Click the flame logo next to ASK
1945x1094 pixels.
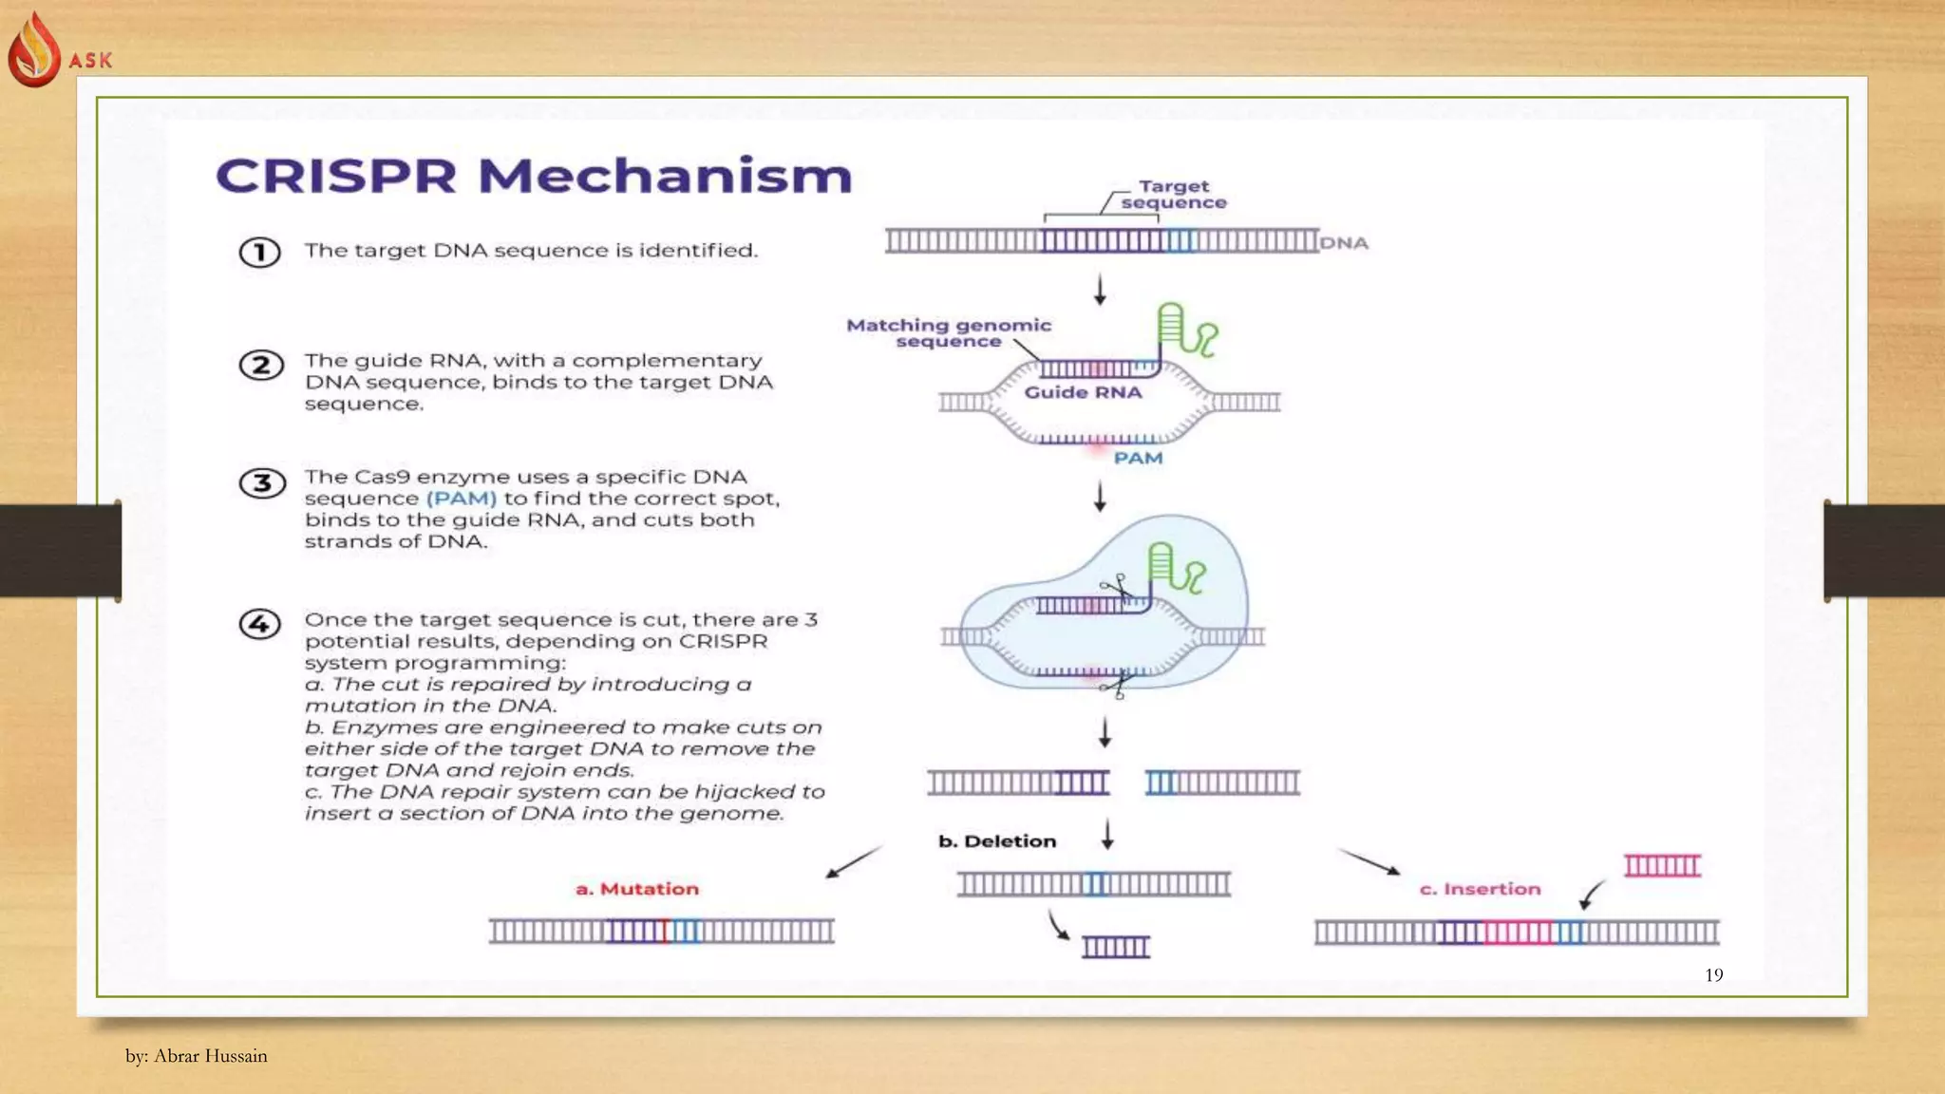[34, 50]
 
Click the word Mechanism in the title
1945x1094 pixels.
[664, 177]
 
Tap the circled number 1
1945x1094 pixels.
[259, 253]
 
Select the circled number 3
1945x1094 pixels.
[262, 483]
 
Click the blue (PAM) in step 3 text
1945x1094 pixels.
[462, 499]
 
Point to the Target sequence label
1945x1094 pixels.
[1174, 195]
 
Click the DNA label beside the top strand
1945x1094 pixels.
[1344, 243]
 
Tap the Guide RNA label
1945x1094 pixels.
[1083, 392]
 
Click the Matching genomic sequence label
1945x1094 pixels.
[949, 333]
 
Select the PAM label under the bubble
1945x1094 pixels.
[1138, 459]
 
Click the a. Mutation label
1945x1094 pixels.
[637, 889]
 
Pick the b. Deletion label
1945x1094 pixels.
[997, 841]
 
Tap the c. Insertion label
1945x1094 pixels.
[1480, 889]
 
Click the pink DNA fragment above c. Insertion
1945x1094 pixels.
[1662, 865]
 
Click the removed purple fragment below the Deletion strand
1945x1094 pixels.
[1116, 946]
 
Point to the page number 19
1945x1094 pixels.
[1713, 975]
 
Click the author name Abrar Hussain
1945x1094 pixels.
[210, 1056]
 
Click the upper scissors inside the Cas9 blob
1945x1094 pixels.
[1117, 589]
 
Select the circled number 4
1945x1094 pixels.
[260, 624]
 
